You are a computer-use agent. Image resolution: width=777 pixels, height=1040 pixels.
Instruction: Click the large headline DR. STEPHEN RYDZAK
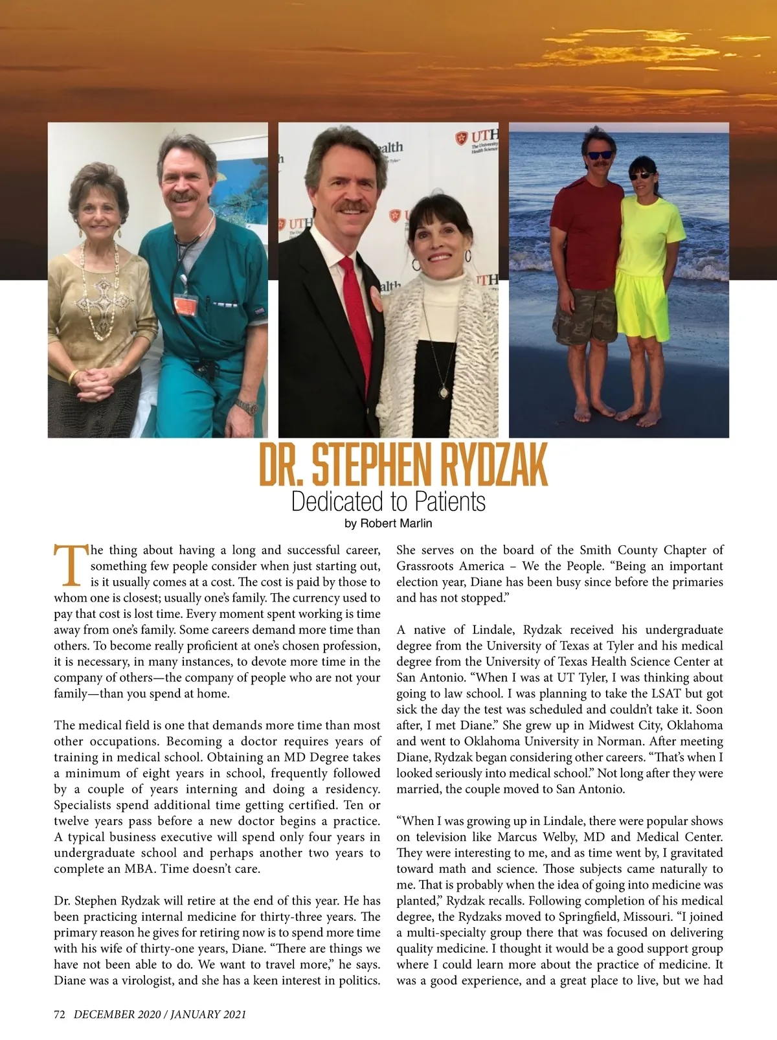pyautogui.click(x=403, y=464)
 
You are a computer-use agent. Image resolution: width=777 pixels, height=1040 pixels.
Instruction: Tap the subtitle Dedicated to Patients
pyautogui.click(x=388, y=502)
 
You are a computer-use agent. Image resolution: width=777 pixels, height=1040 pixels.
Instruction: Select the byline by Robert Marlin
pyautogui.click(x=388, y=523)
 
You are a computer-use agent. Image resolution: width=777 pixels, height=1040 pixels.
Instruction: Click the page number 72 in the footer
pyautogui.click(x=60, y=1015)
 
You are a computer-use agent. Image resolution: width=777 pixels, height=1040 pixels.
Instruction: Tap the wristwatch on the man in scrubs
pyautogui.click(x=247, y=407)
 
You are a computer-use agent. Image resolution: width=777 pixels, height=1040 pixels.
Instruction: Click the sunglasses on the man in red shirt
pyautogui.click(x=599, y=155)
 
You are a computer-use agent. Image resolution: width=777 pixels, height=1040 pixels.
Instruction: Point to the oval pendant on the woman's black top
pyautogui.click(x=444, y=392)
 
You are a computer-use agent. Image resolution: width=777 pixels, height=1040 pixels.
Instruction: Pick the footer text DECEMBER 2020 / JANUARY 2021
pyautogui.click(x=160, y=1015)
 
